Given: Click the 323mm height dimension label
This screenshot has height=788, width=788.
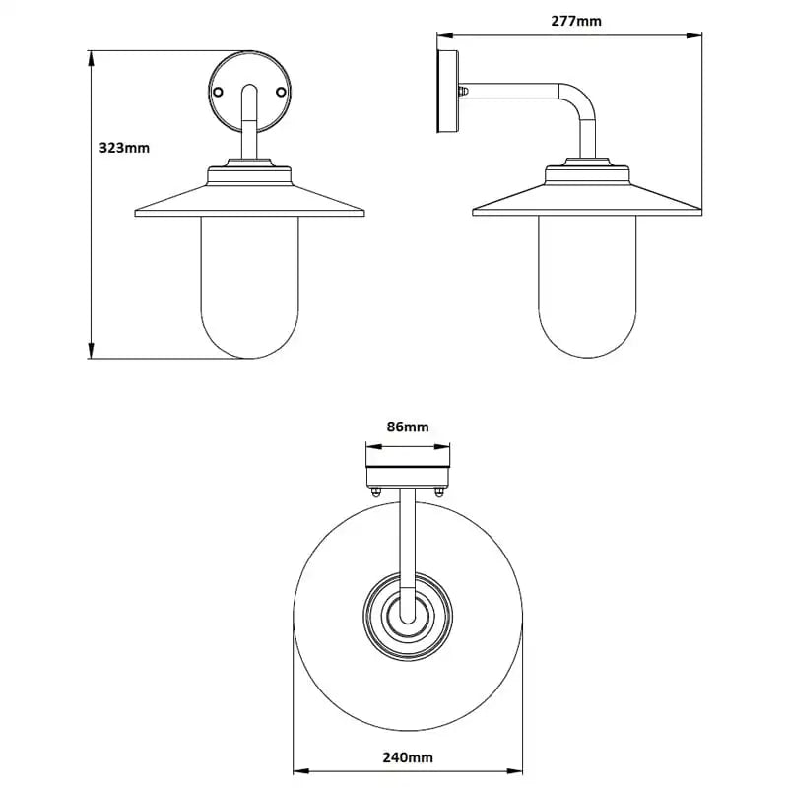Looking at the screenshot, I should point(124,149).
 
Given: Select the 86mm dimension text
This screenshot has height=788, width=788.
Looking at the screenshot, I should point(407,427).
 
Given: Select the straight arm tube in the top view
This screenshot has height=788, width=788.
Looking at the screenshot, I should point(408,542).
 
